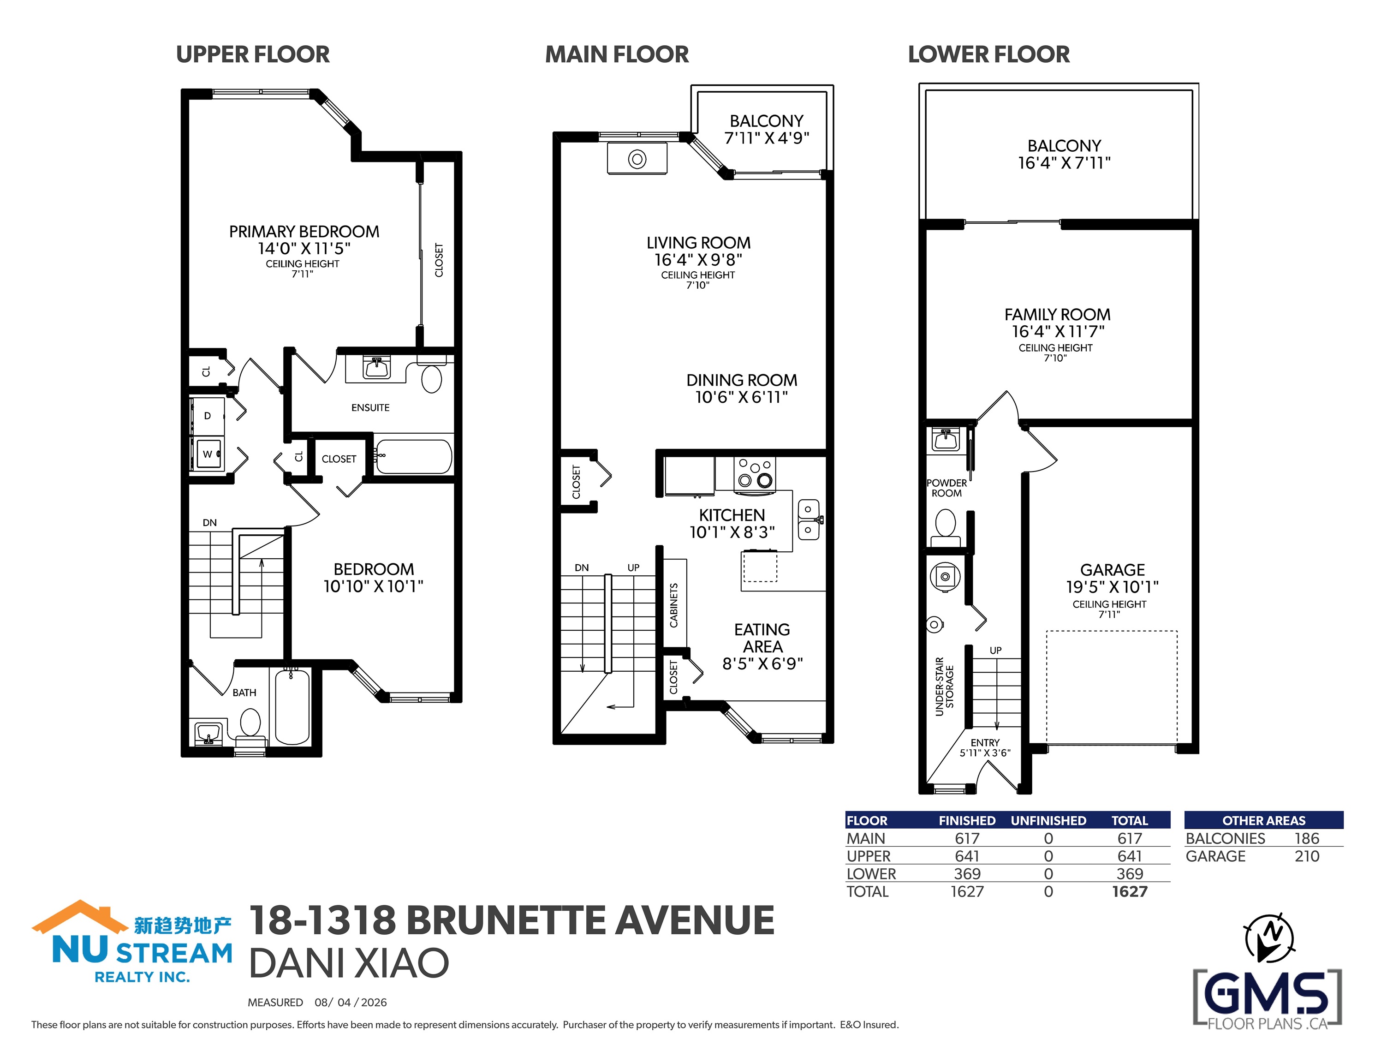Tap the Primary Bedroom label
tap(304, 232)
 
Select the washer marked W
tap(208, 454)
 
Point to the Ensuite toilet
tap(432, 376)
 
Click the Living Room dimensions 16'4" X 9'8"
tap(698, 259)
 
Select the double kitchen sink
tap(809, 520)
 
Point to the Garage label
tap(1113, 570)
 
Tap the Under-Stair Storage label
tap(944, 687)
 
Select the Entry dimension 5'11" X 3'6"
tap(985, 752)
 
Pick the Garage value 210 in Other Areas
tap(1307, 856)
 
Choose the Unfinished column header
tap(1048, 821)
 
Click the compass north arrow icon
tap(1270, 939)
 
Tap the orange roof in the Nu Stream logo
tap(79, 917)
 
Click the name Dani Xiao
tap(349, 963)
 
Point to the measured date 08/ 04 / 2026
tap(351, 1002)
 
